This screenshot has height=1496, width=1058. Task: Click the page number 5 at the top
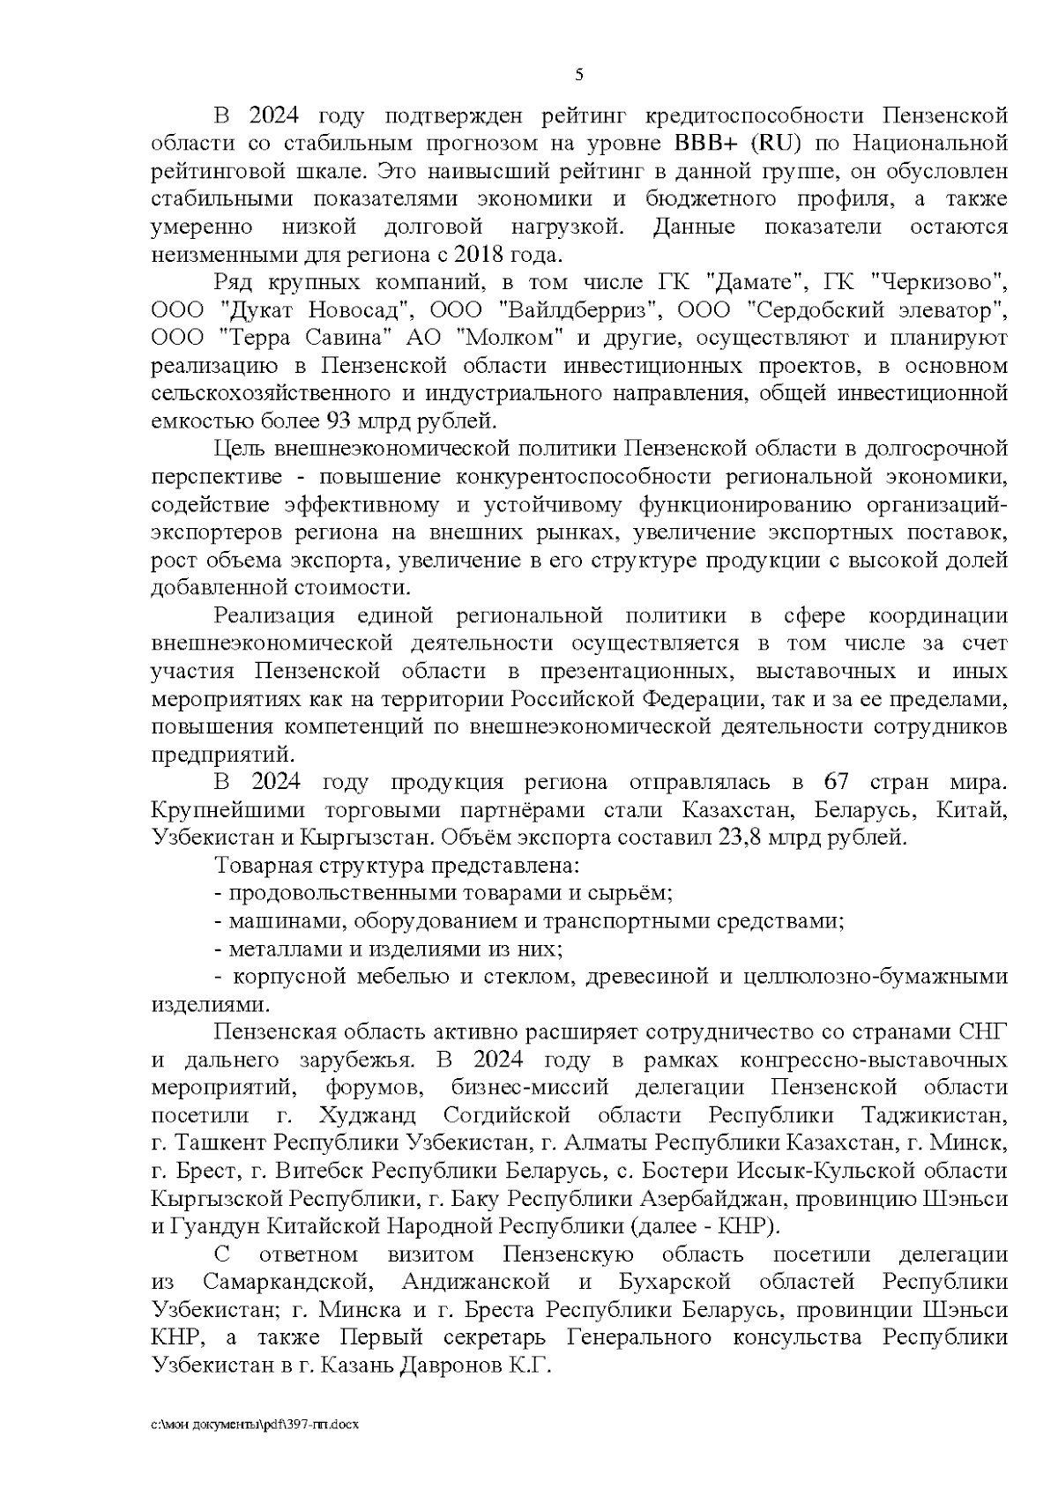click(578, 75)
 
